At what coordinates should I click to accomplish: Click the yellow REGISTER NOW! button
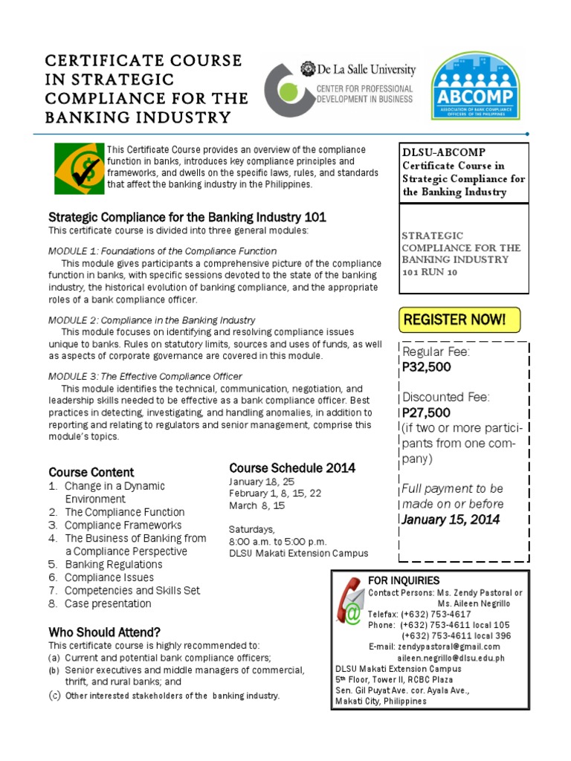pos(459,320)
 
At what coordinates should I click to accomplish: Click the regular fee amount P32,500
pos(427,366)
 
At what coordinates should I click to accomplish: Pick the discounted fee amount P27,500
pos(427,412)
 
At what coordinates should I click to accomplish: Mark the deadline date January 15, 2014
pos(451,519)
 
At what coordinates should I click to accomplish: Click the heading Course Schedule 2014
pos(292,467)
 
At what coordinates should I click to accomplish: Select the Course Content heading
pos(91,472)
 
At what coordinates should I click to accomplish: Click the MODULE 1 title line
pos(162,251)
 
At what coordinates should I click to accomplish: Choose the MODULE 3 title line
pos(145,376)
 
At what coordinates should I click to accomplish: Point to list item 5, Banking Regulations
pos(113,564)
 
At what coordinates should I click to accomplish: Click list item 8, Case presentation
pos(108,603)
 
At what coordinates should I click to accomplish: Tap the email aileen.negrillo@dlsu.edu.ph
pos(451,658)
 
